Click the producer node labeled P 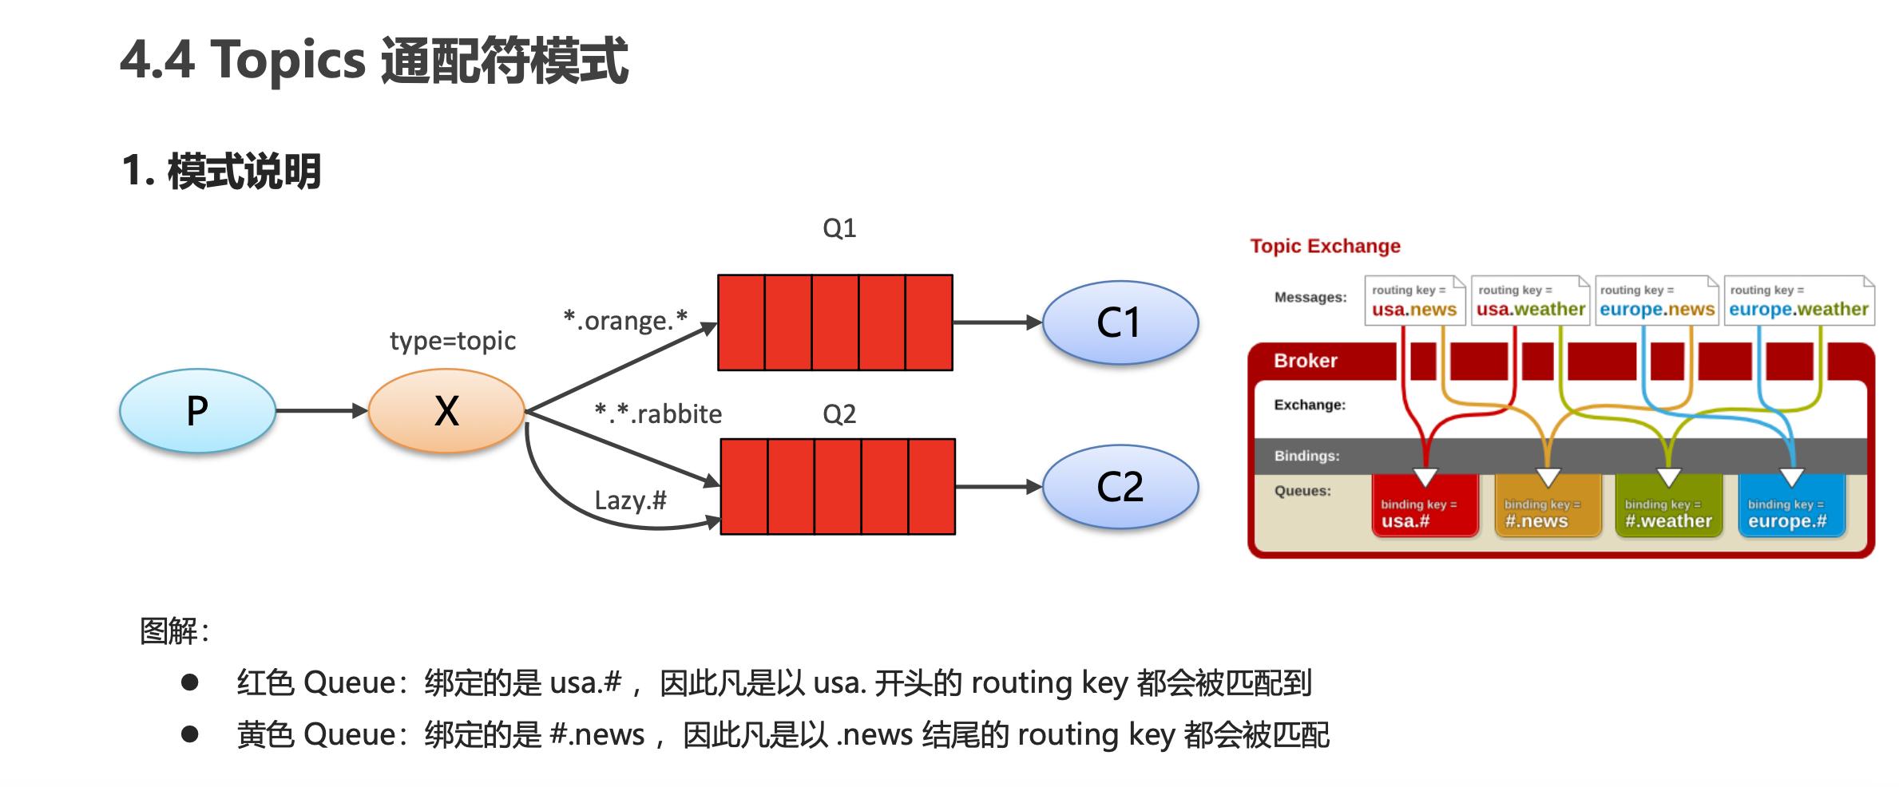coord(197,411)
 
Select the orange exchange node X coord(446,411)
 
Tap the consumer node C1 coord(1120,322)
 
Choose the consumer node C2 coord(1120,487)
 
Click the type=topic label coord(452,342)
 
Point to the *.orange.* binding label coord(625,320)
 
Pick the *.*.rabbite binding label coord(658,413)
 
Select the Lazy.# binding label coord(630,500)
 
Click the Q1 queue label coord(839,229)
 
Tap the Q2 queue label coord(839,414)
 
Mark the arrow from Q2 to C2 coord(998,487)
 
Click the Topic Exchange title coord(1325,246)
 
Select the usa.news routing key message coord(1414,301)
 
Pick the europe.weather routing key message coord(1798,301)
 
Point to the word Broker coord(1305,361)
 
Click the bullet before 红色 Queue coord(189,682)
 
